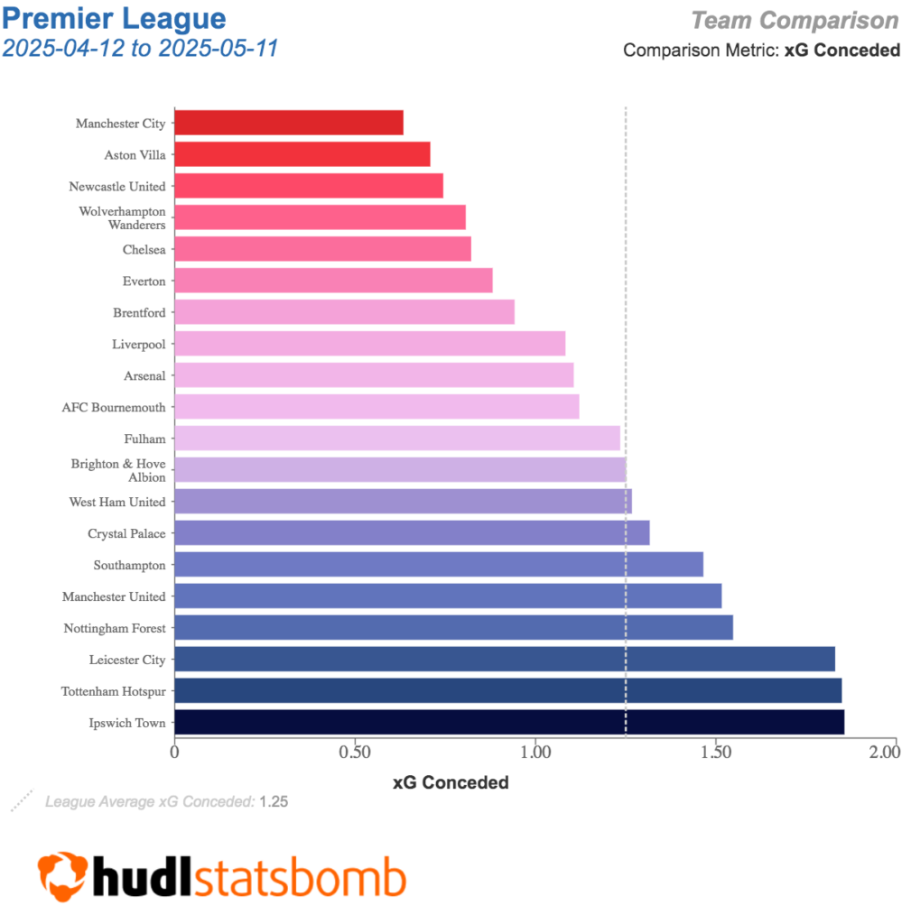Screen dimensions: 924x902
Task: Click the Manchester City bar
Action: point(289,123)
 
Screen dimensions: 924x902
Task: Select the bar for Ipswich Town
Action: point(509,723)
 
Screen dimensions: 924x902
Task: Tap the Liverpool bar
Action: point(369,344)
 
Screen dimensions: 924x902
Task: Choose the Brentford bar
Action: point(344,312)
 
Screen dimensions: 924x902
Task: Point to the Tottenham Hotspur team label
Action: point(114,691)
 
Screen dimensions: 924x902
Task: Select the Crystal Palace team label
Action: point(126,533)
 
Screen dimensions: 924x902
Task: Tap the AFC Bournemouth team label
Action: point(114,407)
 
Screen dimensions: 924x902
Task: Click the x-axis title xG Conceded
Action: point(451,782)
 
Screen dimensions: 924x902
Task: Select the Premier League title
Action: point(115,18)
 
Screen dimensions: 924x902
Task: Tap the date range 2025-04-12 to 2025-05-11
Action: point(140,47)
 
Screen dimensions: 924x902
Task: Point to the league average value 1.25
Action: point(274,800)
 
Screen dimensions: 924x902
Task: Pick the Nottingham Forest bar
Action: point(453,628)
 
